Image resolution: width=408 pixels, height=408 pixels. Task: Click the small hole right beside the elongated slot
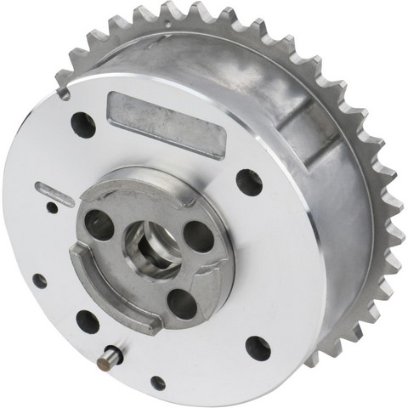52,207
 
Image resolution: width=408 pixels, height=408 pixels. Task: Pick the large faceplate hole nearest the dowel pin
88,321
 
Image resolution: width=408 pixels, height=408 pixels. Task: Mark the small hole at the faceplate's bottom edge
158,382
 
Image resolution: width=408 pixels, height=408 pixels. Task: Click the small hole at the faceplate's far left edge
39,280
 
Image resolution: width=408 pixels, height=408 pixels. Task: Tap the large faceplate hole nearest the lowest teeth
258,347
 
